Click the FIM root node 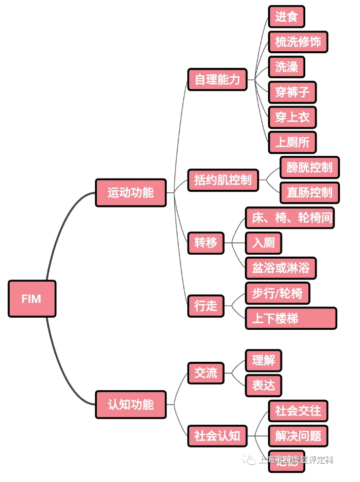(x=32, y=299)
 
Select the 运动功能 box (x=131, y=193)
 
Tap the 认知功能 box (x=131, y=404)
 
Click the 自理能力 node (x=217, y=80)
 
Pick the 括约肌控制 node (x=223, y=180)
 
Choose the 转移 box (x=205, y=243)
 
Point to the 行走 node (x=205, y=305)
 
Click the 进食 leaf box (x=286, y=17)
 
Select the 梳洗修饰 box (x=298, y=42)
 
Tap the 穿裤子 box (x=292, y=92)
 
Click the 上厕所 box (x=292, y=143)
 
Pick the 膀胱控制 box (x=309, y=167)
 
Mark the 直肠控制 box (x=309, y=193)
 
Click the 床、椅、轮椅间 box (x=290, y=218)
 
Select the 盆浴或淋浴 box (x=280, y=267)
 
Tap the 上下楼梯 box (x=291, y=318)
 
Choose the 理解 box (x=263, y=361)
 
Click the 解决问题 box (x=298, y=436)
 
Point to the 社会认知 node (x=217, y=436)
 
